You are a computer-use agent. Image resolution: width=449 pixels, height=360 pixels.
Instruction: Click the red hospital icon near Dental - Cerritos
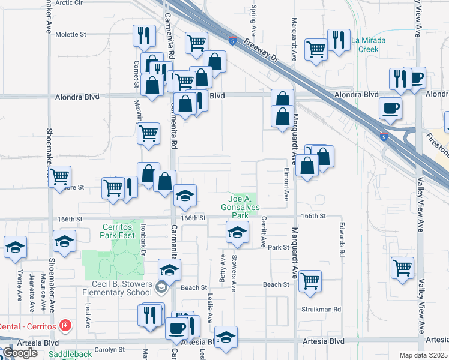click(x=64, y=327)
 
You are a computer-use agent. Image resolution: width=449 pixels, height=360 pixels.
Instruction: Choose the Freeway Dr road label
click(x=262, y=54)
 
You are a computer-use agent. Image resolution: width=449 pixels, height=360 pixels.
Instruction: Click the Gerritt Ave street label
click(x=263, y=233)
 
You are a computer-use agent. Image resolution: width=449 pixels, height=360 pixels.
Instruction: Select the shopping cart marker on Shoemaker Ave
click(x=59, y=176)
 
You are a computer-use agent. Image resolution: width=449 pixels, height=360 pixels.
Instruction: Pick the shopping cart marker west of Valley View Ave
click(x=402, y=267)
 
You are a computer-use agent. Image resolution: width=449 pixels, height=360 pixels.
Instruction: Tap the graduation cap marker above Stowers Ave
click(x=238, y=232)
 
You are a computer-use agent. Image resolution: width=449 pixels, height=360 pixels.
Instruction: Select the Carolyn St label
click(x=109, y=349)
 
